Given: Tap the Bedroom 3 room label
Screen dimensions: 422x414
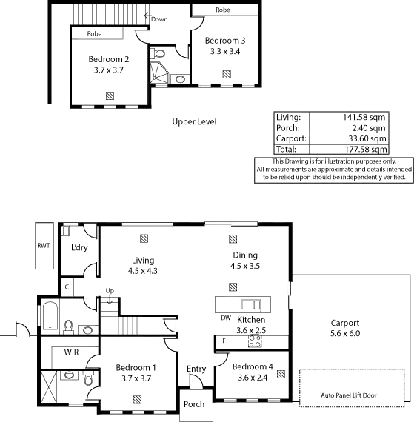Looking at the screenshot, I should pyautogui.click(x=224, y=46).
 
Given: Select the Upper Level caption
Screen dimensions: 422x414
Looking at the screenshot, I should pyautogui.click(x=195, y=121).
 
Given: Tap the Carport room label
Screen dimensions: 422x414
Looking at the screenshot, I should pyautogui.click(x=346, y=328).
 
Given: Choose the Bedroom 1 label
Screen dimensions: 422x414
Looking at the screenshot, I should pyautogui.click(x=136, y=372).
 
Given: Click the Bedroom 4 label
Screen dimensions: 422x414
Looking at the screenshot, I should pyautogui.click(x=248, y=372).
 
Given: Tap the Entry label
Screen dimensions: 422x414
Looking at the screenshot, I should pyautogui.click(x=196, y=369).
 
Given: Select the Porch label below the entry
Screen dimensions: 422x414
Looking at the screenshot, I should pyautogui.click(x=193, y=405).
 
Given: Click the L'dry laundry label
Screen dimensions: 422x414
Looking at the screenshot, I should pyautogui.click(x=80, y=249).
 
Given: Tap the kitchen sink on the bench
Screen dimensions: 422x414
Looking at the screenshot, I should pyautogui.click(x=254, y=304).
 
